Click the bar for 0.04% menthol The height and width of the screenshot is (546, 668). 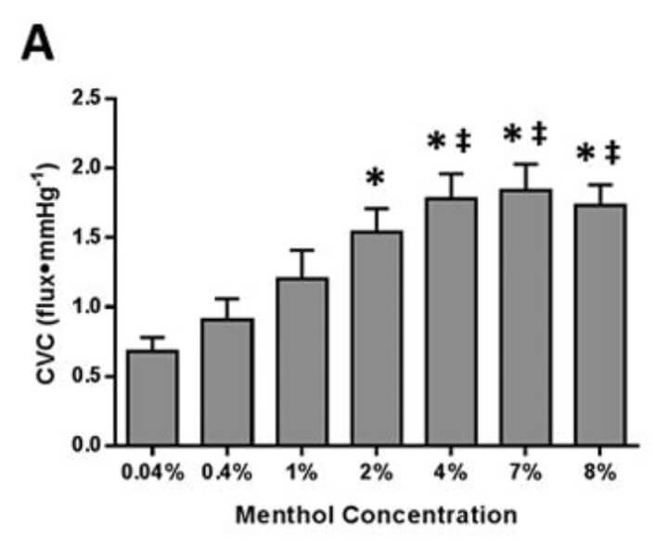pos(153,399)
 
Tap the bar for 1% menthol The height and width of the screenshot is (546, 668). pos(302,362)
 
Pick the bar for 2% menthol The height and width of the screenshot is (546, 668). pos(376,338)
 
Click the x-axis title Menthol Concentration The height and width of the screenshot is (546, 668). pos(375,514)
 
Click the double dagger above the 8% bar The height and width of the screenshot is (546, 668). pos(612,151)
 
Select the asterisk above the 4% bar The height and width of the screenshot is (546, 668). pos(437,144)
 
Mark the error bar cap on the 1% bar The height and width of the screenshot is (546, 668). pos(302,249)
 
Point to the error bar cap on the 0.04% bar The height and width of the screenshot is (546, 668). pos(153,337)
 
